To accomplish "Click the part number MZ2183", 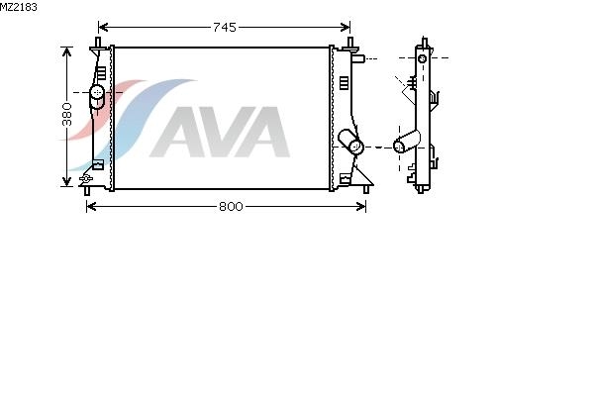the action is [x=19, y=7].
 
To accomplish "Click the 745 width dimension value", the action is [x=225, y=28].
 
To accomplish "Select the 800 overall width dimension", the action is [x=231, y=207].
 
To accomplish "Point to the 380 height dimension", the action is [x=67, y=114].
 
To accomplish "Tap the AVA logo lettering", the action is [x=220, y=132].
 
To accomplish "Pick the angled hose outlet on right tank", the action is [x=350, y=142].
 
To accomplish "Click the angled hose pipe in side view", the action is [x=407, y=142].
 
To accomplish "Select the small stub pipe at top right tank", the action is [x=358, y=59].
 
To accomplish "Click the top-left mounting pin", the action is [x=98, y=43].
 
